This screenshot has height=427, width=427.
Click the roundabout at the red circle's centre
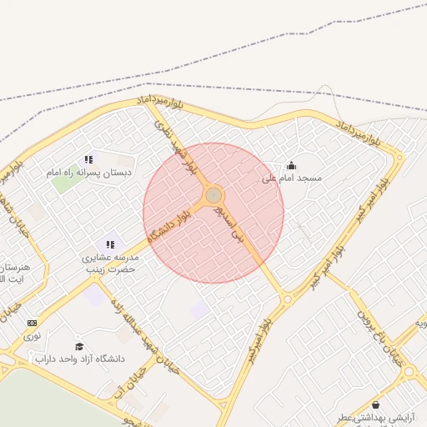click(213, 195)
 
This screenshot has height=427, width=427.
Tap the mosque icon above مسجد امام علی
click(291, 165)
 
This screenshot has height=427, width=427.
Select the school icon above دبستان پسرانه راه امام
click(88, 159)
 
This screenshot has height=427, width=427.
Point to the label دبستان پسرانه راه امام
click(88, 172)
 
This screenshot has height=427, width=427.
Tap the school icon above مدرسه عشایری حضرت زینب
click(110, 244)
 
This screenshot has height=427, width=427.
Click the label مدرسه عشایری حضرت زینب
click(108, 264)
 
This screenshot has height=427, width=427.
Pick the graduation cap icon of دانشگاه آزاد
click(79, 346)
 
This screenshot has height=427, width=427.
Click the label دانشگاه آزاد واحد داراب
click(79, 359)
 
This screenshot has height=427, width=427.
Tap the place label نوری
click(32, 336)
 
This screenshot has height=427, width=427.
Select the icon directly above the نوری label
click(32, 323)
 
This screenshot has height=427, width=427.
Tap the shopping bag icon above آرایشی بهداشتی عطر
click(374, 404)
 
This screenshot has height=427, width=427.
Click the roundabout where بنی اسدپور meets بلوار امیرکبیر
click(288, 298)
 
